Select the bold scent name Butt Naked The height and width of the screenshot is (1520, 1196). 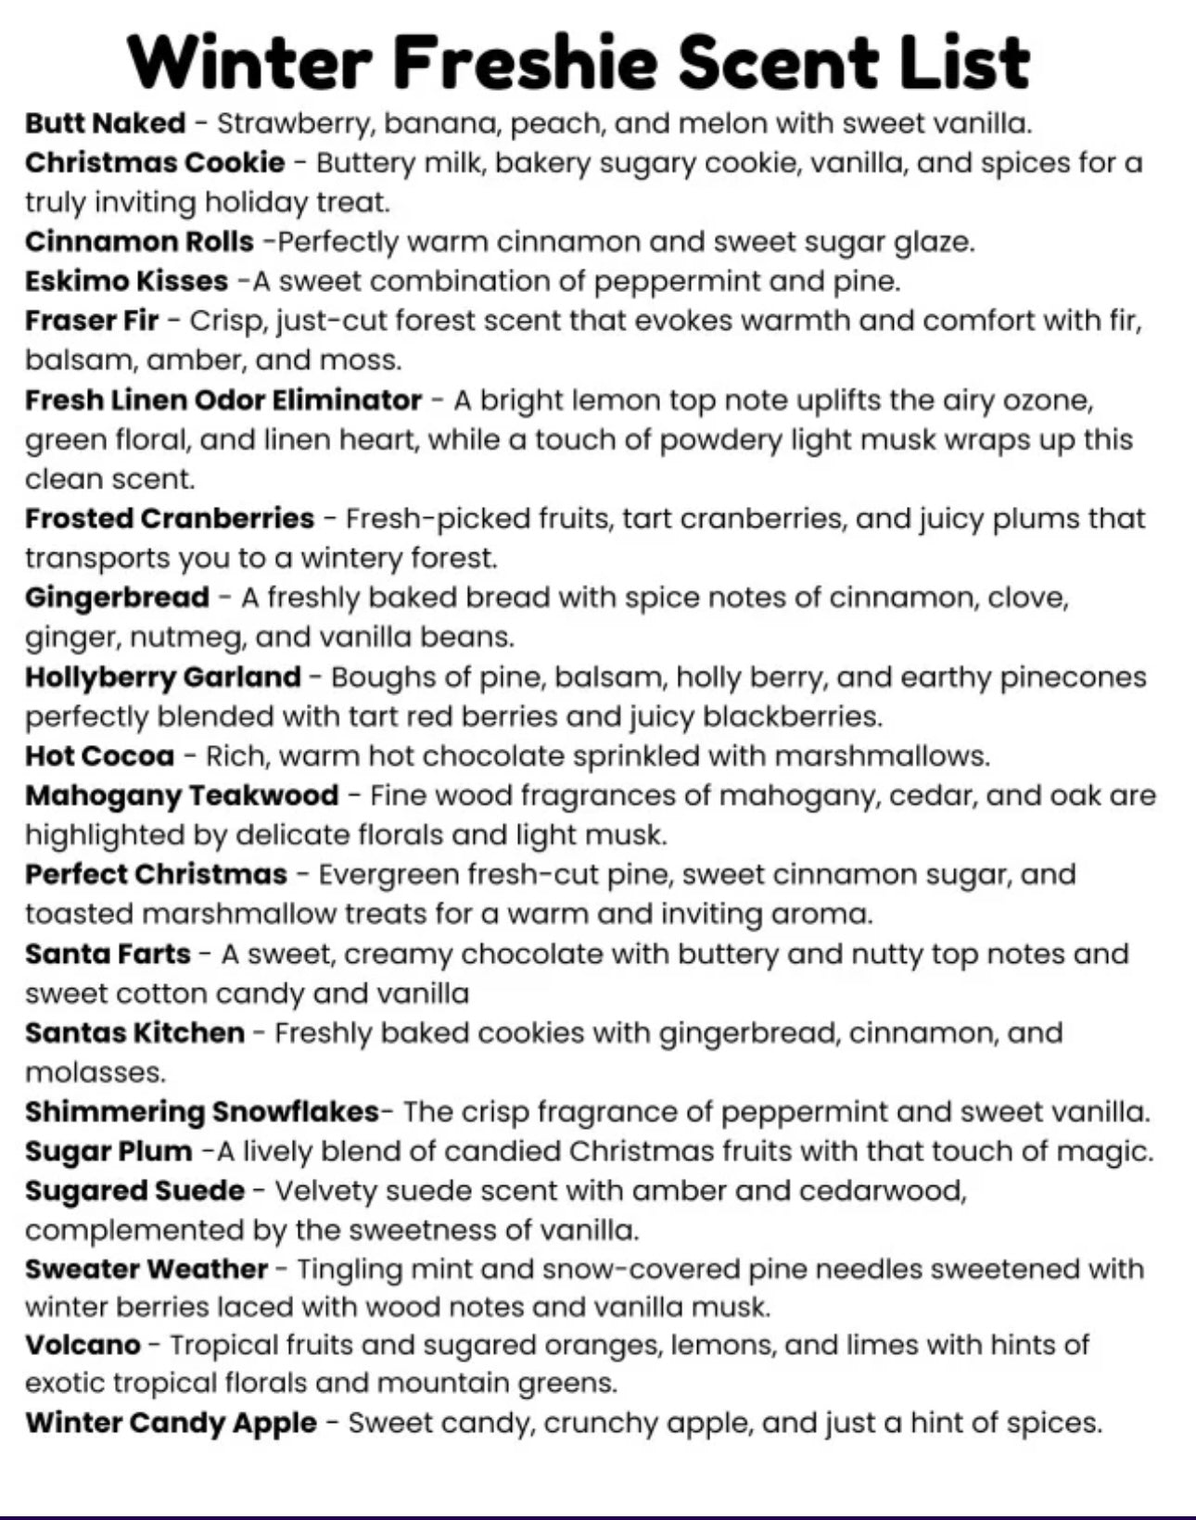coord(105,122)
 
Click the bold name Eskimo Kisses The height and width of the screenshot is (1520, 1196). coord(126,281)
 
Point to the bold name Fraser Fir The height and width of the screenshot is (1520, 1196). coord(92,321)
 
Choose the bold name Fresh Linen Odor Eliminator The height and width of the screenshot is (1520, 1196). coord(223,400)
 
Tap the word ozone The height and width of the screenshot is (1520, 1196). coord(1046,400)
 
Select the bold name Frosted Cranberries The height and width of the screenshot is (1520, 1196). coord(170,518)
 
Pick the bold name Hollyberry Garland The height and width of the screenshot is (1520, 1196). coord(163,677)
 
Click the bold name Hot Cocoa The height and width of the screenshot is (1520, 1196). coord(99,756)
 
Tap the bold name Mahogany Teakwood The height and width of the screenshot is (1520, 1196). coord(182,795)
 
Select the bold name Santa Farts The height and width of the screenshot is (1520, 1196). coord(108,954)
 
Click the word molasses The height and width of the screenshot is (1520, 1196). coord(95,1072)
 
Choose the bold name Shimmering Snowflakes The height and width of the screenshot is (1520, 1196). coord(202,1111)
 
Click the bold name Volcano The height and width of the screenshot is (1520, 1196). coord(83,1344)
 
